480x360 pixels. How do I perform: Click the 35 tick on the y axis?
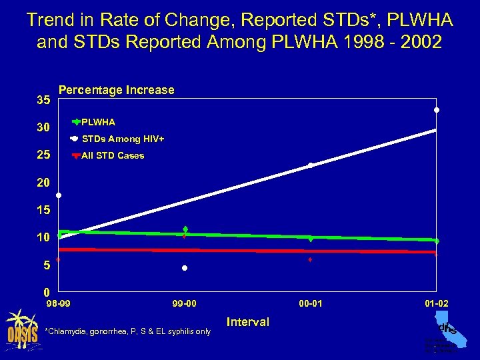click(43, 101)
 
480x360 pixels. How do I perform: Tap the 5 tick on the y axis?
click(45, 265)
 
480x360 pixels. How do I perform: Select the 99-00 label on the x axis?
click(185, 304)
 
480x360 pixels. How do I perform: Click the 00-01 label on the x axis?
click(311, 304)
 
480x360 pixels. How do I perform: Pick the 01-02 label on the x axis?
click(437, 304)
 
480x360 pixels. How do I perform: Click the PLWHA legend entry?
click(98, 122)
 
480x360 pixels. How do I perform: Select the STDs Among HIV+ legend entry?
click(122, 139)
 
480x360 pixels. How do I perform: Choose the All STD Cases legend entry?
click(112, 155)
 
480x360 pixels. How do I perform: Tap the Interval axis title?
click(248, 322)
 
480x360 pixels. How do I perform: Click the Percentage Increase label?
click(117, 90)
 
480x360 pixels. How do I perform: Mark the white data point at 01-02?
click(437, 110)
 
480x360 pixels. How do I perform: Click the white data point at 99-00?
click(185, 268)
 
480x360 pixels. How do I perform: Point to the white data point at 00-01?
click(311, 165)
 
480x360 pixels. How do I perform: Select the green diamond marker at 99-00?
click(185, 229)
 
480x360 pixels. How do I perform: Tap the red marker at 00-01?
click(311, 259)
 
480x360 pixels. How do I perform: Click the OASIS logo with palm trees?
click(21, 327)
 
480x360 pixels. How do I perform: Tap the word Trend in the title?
click(49, 21)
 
